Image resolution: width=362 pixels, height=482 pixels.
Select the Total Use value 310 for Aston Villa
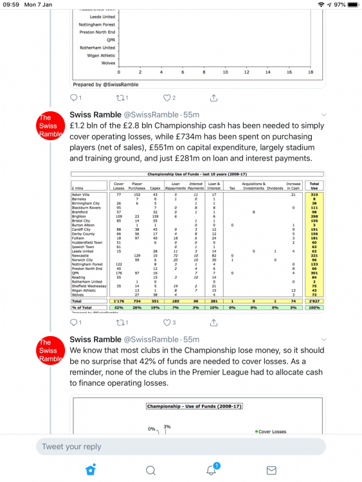point(314,194)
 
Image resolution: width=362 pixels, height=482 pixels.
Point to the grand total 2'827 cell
point(314,300)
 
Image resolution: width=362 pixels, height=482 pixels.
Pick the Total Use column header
point(314,184)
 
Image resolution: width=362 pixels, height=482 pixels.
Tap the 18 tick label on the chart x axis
point(311,72)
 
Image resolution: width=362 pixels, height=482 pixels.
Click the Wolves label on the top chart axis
point(109,63)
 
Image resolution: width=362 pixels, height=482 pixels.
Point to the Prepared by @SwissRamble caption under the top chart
point(96,84)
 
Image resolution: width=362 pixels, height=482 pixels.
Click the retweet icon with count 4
point(122,323)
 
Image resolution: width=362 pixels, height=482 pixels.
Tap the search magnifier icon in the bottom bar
point(150,470)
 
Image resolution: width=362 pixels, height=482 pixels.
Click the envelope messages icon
point(271,470)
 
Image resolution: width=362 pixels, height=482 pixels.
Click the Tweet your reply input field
point(180,447)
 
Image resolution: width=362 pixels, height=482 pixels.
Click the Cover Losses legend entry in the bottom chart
point(276,432)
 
